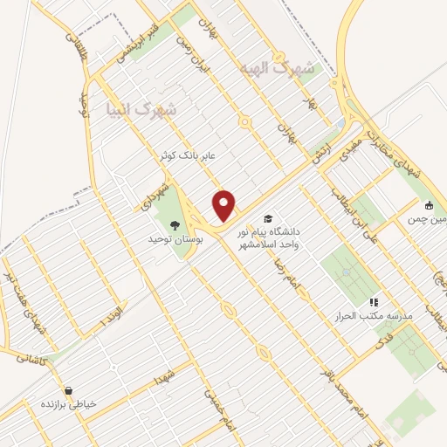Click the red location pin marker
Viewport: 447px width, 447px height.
[224, 206]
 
